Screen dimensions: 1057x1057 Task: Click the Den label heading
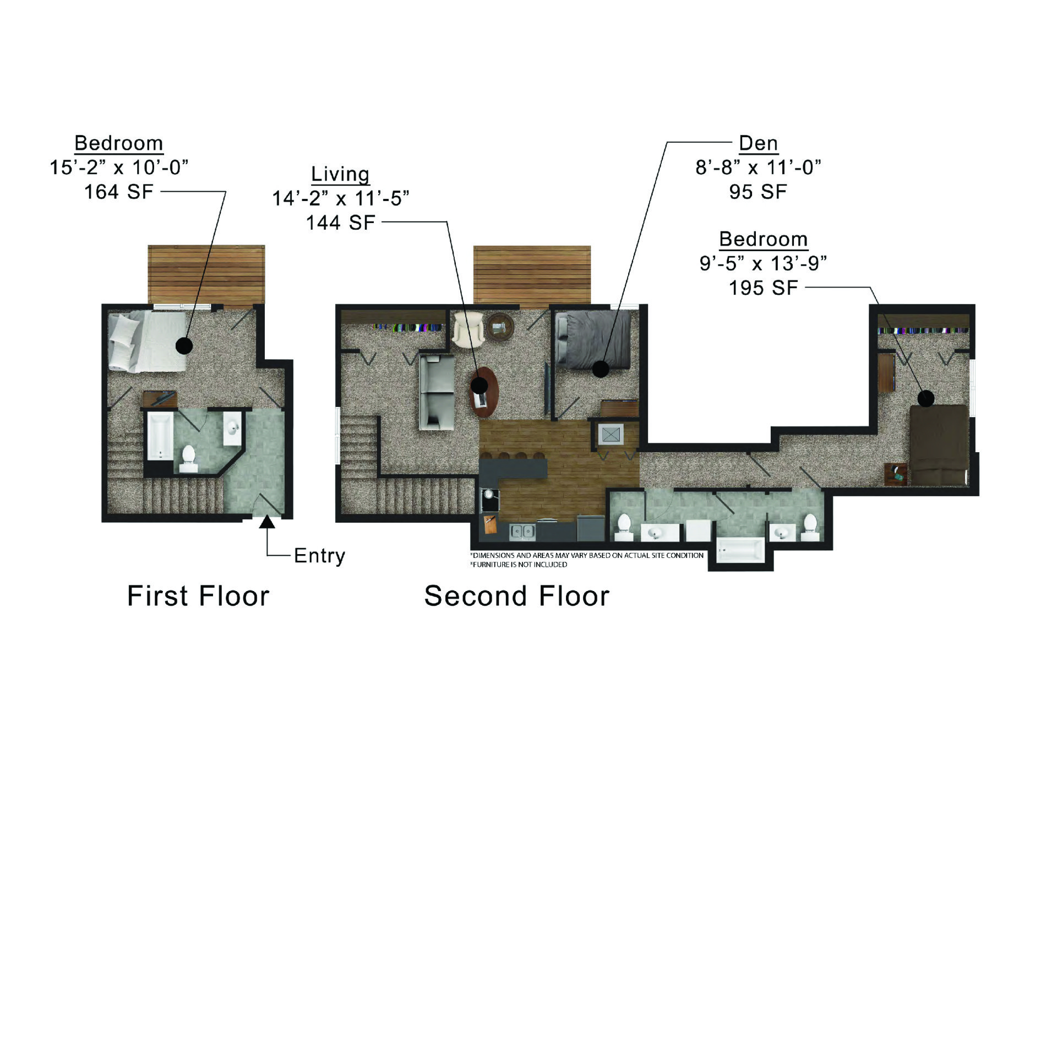tap(758, 143)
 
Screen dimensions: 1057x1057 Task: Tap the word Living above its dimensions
tap(340, 174)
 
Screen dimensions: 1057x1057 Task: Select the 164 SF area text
tap(118, 192)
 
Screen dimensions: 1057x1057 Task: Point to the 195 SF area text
tap(763, 288)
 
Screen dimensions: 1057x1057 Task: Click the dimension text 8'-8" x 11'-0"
tap(758, 167)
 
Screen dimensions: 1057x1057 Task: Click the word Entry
tap(319, 556)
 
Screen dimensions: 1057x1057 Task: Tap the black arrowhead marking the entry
tap(267, 521)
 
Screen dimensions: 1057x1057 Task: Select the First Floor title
tap(198, 596)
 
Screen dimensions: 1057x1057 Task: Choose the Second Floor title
tap(516, 596)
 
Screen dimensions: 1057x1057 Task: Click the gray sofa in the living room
tap(437, 392)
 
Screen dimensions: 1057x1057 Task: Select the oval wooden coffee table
tap(483, 392)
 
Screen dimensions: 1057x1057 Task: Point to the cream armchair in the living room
tap(468, 329)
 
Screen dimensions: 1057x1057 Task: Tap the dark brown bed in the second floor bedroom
tap(939, 445)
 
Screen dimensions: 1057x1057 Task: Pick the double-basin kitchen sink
tap(522, 532)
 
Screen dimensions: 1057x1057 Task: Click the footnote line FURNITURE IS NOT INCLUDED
tap(519, 565)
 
